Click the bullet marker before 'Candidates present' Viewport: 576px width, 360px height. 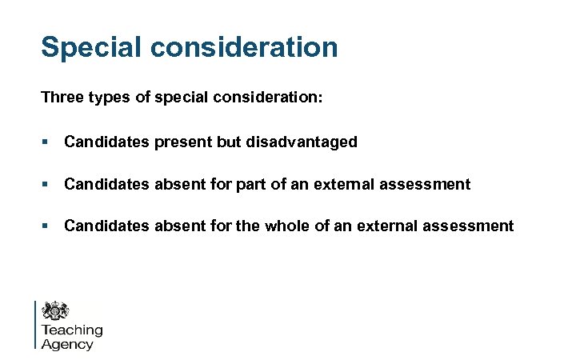pos(46,142)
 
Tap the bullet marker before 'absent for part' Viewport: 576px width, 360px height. pos(46,184)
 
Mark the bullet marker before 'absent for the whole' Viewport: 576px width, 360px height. pos(46,226)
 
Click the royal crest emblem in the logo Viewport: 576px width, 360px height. pos(56,310)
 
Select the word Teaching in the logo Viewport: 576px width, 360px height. pos(72,330)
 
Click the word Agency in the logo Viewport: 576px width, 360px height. pos(66,344)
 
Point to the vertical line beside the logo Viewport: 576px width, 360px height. pos(36,324)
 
